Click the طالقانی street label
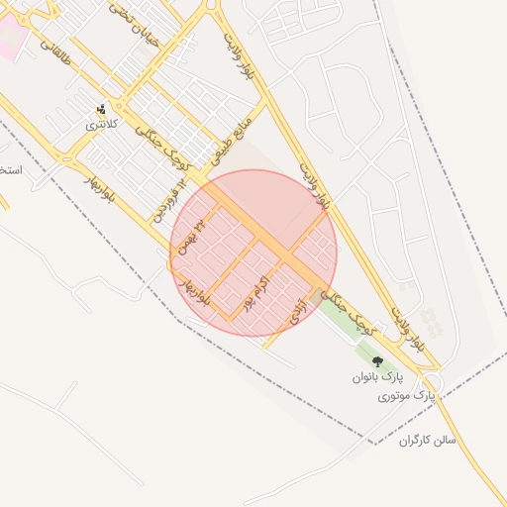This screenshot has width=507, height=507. pyautogui.click(x=57, y=38)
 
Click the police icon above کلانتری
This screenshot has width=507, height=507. pyautogui.click(x=101, y=109)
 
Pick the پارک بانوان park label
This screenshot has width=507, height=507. pyautogui.click(x=377, y=378)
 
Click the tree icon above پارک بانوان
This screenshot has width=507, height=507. pyautogui.click(x=377, y=362)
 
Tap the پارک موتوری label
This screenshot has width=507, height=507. pyautogui.click(x=406, y=396)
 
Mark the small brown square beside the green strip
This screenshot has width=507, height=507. pyautogui.click(x=316, y=296)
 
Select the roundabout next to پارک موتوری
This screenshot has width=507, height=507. pyautogui.click(x=433, y=380)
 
